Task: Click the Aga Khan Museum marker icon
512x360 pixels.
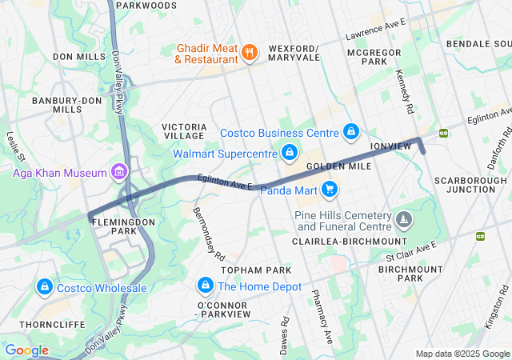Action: point(119,171)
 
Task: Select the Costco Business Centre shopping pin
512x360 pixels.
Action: point(350,131)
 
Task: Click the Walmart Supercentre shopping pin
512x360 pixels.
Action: point(289,151)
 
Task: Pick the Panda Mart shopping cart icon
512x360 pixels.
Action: point(330,190)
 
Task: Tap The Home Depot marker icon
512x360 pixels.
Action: point(206,286)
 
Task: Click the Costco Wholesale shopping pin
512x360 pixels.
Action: point(44,287)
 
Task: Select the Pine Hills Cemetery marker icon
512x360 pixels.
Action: point(406,218)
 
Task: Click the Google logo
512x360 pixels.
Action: point(27,350)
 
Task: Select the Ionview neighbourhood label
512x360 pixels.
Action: point(390,146)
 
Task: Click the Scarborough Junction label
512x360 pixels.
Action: point(465,186)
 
